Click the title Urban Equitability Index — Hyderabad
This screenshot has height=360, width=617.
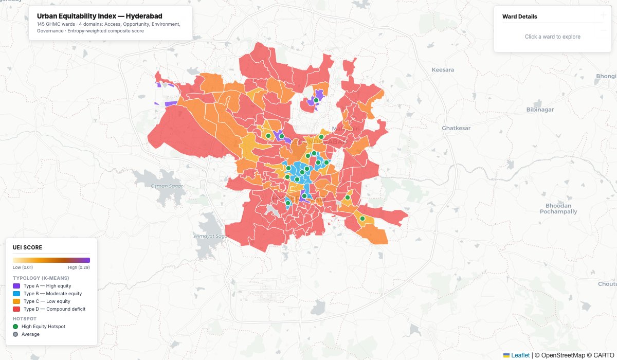coord(100,16)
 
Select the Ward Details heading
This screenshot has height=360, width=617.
coord(519,16)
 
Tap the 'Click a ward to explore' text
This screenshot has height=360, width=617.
coord(552,37)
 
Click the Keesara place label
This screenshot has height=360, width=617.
coord(443,69)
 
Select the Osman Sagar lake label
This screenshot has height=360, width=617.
coord(164,186)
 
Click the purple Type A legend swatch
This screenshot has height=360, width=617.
coord(16,285)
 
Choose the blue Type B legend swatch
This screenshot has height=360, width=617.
coord(16,293)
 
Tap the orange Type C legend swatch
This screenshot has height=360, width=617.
coord(16,301)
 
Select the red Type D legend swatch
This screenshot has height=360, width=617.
coord(16,309)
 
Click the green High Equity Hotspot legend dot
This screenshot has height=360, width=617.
coord(15,327)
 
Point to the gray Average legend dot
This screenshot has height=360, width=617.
coord(15,334)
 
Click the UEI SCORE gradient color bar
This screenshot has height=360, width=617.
coord(51,260)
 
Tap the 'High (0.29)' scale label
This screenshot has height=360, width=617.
coord(79,267)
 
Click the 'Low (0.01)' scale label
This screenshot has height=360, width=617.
coord(23,267)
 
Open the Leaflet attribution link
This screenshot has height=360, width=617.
coord(520,355)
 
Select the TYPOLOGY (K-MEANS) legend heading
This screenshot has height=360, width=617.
coord(41,278)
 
